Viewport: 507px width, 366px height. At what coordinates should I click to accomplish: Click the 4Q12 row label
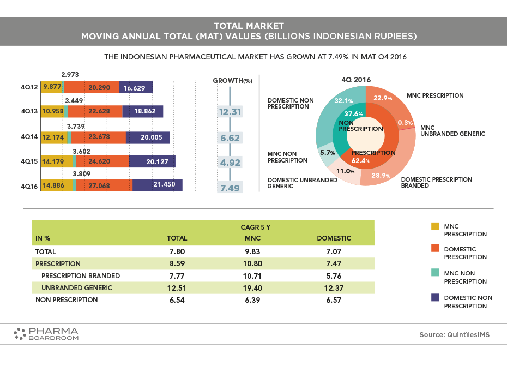[x=29, y=87]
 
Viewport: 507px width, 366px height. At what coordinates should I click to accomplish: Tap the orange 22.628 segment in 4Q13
[x=94, y=112]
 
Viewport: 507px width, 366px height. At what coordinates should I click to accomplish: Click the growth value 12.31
[x=230, y=112]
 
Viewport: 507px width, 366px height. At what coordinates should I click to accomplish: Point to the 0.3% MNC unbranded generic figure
[x=404, y=122]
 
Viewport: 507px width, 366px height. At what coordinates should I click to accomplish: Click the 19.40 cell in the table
[x=253, y=287]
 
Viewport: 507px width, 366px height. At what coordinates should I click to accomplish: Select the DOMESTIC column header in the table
[x=334, y=238]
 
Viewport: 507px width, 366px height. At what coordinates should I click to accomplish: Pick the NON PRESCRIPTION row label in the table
[x=67, y=299]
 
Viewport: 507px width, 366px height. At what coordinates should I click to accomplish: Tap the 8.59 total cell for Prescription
[x=177, y=263]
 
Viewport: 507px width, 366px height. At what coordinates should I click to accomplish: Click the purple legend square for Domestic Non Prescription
[x=435, y=298]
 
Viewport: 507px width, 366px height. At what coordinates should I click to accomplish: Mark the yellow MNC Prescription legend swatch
[x=435, y=226]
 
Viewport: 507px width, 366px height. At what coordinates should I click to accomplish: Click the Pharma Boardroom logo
[x=46, y=333]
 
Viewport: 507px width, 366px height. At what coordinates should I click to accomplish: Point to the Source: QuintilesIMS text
[x=454, y=334]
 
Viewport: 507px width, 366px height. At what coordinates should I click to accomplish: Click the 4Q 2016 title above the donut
[x=356, y=80]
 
